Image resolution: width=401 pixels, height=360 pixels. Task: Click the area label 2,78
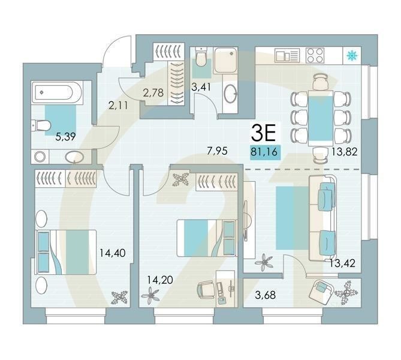click(154, 92)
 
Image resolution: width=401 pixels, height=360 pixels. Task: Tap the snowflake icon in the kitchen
click(352, 56)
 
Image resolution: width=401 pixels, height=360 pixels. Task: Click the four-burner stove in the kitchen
click(316, 56)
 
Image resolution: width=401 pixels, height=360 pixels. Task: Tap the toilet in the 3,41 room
click(201, 59)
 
